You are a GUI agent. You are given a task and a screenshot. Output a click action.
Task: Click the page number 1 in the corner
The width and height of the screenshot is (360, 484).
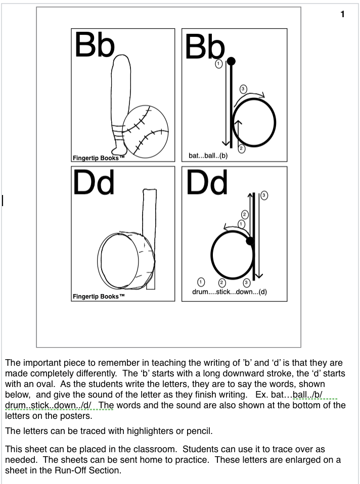click(x=342, y=15)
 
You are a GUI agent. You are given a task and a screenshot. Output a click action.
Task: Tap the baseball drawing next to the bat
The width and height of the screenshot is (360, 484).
click(x=146, y=130)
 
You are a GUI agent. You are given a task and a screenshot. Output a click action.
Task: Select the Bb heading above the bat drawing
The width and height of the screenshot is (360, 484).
click(x=95, y=45)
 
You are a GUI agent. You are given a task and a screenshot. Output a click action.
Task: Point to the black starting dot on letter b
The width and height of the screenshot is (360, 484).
click(x=232, y=62)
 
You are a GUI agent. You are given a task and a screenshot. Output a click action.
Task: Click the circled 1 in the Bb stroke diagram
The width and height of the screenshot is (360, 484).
click(x=218, y=64)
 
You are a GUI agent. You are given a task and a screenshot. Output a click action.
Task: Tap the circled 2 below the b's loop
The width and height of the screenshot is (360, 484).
click(x=241, y=148)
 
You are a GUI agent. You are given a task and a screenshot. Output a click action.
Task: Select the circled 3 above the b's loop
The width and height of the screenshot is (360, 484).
click(x=243, y=89)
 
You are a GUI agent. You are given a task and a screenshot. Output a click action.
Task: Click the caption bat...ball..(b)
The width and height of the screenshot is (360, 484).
click(x=208, y=156)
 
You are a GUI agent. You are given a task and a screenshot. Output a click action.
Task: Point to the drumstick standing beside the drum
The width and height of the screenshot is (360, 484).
click(x=150, y=237)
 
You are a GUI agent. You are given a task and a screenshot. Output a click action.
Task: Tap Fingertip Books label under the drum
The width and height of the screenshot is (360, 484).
click(x=99, y=297)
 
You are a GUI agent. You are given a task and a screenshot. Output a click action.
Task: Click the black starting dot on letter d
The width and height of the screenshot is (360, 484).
click(x=249, y=241)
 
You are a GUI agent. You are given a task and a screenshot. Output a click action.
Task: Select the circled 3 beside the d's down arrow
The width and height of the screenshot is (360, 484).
click(x=264, y=196)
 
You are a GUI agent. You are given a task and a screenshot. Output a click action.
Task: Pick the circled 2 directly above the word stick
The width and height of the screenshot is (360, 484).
click(x=221, y=282)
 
